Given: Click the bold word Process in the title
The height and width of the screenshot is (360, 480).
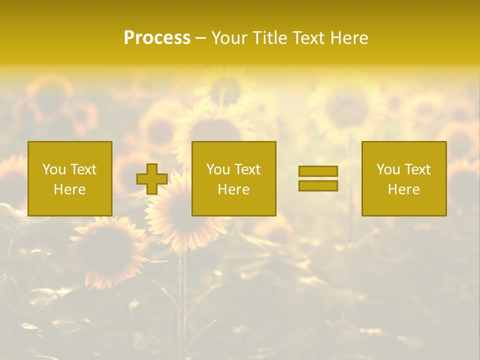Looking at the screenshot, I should point(157,38).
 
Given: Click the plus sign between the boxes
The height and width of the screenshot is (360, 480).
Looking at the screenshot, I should point(152,178).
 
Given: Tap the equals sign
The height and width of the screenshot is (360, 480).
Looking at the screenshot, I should point(318,178).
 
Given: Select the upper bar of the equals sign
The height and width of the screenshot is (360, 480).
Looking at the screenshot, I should point(318,171).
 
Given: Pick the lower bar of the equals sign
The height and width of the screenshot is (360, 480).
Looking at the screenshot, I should point(318,186).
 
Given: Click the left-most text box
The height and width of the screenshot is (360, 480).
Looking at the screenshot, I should point(70,178).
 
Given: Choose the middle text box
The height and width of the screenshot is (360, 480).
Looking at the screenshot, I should point(233,178).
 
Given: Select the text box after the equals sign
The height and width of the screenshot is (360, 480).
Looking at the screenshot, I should point(404,178).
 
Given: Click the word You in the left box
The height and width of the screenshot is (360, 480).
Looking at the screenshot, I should point(54,169).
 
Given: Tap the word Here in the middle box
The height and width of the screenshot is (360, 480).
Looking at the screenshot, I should point(233,189).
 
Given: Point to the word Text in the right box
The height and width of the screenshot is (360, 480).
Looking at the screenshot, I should point(417,169).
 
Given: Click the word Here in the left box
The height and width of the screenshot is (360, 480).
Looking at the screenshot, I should point(70,189).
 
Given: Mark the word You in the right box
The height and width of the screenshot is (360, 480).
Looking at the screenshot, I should point(388,169).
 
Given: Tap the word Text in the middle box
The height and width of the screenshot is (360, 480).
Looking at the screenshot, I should point(247,169).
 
